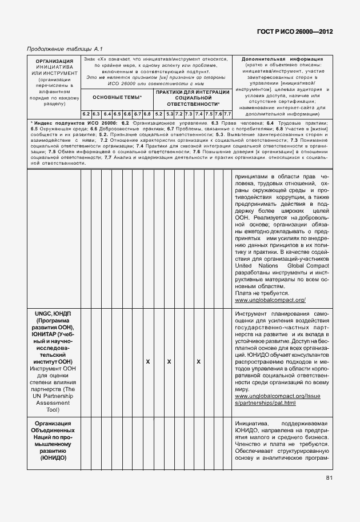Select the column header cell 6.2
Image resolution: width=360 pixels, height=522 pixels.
(86, 114)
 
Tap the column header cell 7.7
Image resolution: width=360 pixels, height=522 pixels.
(227, 114)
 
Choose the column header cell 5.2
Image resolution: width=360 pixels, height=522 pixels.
(159, 114)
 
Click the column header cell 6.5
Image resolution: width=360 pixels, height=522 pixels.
(117, 114)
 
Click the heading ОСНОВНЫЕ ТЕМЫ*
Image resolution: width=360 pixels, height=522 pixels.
(117, 98)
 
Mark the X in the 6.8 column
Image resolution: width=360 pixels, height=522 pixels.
(147, 362)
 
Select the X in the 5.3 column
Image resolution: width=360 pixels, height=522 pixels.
(169, 362)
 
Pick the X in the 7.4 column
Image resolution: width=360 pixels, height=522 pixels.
(198, 362)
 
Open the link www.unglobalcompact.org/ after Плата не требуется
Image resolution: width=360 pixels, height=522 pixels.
(270, 300)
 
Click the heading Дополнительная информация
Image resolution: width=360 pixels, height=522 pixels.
(282, 59)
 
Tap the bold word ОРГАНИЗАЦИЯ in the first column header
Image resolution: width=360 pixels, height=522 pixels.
(54, 61)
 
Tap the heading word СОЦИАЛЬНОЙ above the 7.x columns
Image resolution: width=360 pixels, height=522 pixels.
(193, 98)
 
